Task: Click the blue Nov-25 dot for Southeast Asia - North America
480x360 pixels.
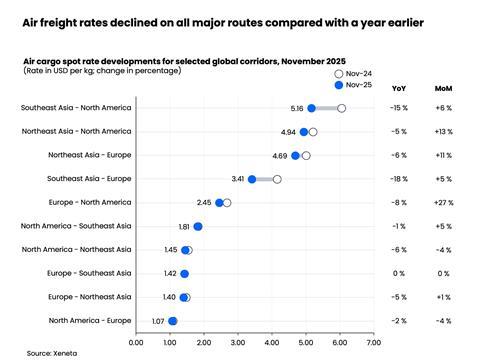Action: pyautogui.click(x=311, y=108)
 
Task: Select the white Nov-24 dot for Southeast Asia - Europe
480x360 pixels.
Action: pyautogui.click(x=277, y=179)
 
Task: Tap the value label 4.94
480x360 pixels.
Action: pyautogui.click(x=288, y=132)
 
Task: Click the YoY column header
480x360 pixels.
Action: pyautogui.click(x=399, y=88)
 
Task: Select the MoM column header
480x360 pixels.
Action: pyautogui.click(x=443, y=88)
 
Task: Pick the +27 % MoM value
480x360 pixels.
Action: pyautogui.click(x=443, y=203)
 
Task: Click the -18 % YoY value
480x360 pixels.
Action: pyautogui.click(x=399, y=179)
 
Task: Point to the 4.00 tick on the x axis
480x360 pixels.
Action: pyautogui.click(x=272, y=343)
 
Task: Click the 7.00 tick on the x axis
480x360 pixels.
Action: pyautogui.click(x=374, y=343)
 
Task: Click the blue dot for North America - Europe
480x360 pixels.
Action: pyautogui.click(x=173, y=321)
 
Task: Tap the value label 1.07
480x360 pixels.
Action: pyautogui.click(x=158, y=321)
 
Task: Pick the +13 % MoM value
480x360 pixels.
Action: pyautogui.click(x=443, y=132)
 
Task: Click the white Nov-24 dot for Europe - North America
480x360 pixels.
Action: pyautogui.click(x=227, y=203)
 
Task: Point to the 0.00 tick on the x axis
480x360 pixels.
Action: pyautogui.click(x=137, y=343)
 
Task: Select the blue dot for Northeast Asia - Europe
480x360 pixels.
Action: pyautogui.click(x=295, y=155)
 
